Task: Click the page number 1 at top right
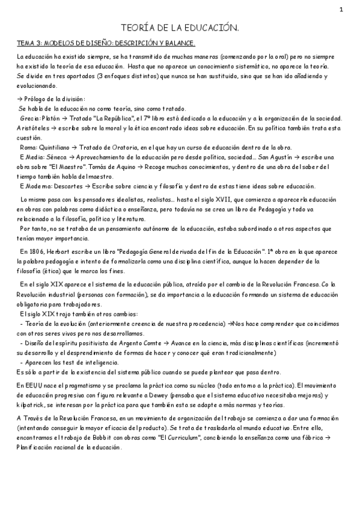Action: (x=341, y=9)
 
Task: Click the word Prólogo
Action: (x=40, y=99)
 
